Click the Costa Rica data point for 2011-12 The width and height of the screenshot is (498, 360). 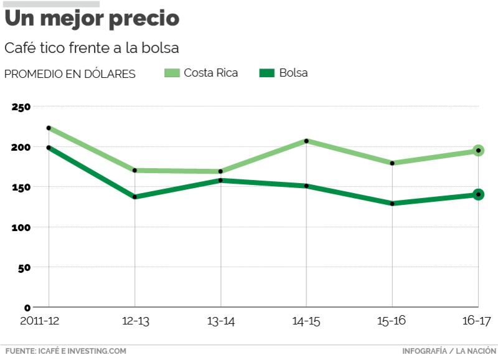(49, 128)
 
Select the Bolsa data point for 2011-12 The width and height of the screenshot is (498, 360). (49, 148)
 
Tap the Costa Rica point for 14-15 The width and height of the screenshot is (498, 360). (306, 141)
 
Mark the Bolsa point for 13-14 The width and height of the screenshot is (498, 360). (220, 181)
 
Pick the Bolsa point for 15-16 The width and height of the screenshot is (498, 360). (392, 203)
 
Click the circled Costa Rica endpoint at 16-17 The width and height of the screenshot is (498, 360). (478, 150)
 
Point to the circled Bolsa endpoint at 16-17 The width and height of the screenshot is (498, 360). (478, 194)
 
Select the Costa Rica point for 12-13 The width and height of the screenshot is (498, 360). (134, 170)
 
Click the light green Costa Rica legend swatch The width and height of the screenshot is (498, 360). (172, 73)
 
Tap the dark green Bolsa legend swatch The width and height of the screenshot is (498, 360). (266, 73)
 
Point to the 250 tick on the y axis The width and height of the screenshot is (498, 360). (21, 107)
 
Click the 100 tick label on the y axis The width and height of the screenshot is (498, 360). (21, 227)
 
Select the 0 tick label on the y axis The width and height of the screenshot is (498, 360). (27, 308)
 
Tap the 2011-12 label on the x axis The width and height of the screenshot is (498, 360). (40, 321)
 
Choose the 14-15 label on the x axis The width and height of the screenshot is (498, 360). (306, 321)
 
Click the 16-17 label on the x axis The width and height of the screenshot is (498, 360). (477, 321)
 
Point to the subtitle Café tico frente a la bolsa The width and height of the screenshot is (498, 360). (92, 48)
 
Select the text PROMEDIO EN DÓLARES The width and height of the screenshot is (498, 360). (70, 73)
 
